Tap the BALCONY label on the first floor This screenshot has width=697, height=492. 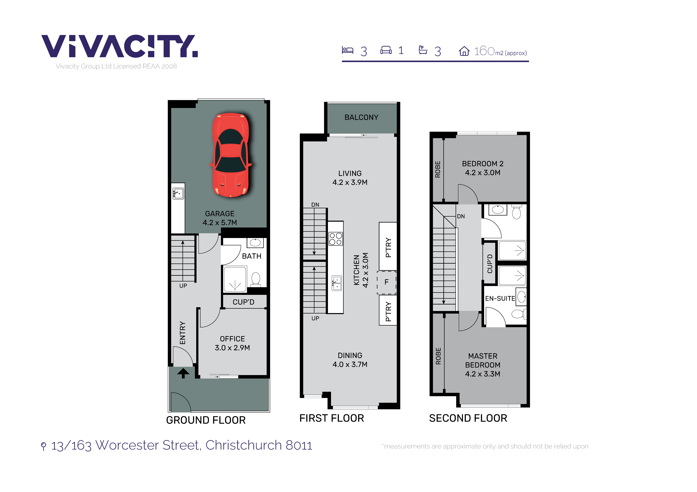coord(361,117)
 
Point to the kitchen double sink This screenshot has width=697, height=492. coord(336,283)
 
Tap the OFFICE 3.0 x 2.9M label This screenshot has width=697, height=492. coord(232,343)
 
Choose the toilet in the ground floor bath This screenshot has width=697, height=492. coord(256,279)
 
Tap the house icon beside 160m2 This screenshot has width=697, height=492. coord(464,51)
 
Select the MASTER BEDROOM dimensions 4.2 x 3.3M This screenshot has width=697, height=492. coord(483,374)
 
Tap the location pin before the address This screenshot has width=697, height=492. coord(44,446)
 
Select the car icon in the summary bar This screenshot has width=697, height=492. coord(386,50)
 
